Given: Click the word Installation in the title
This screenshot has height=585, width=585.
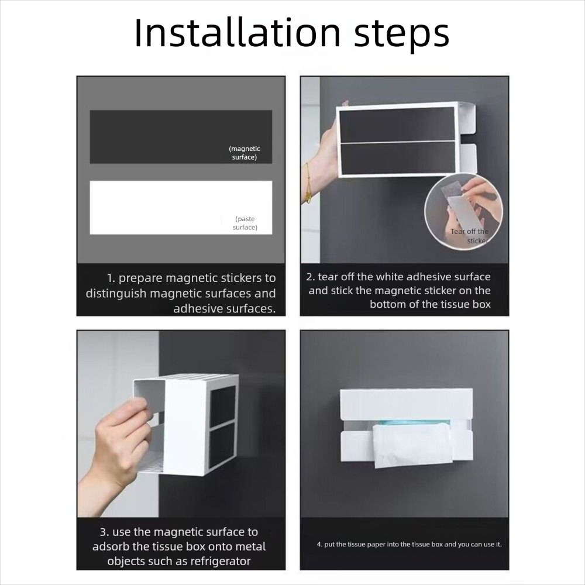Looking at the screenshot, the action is click(x=238, y=33).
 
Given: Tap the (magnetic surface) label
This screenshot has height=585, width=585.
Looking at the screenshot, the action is click(x=245, y=153).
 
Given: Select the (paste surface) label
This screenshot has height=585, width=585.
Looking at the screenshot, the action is click(x=245, y=223).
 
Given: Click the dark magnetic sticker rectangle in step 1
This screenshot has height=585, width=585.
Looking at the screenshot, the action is click(x=181, y=136).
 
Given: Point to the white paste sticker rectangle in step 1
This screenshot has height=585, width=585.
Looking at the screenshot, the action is click(x=181, y=208).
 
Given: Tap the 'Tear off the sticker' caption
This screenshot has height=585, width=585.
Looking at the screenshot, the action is click(x=469, y=236).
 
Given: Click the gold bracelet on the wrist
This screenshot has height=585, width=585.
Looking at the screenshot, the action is click(x=308, y=183).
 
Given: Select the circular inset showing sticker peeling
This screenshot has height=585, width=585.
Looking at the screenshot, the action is click(x=463, y=212).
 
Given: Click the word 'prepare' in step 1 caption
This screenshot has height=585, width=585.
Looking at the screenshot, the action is click(x=140, y=278).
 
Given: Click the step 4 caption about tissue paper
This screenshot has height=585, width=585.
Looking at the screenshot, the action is click(x=409, y=544).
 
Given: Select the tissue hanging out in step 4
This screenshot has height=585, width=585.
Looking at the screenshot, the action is click(x=412, y=444).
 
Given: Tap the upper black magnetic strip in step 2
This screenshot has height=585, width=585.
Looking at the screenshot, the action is click(x=397, y=125).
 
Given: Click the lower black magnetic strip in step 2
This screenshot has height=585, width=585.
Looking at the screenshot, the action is click(x=398, y=158).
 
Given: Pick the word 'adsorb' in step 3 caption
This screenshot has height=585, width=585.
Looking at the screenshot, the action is click(x=111, y=546).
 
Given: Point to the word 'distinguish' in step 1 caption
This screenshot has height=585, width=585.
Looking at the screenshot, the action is click(x=116, y=294).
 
